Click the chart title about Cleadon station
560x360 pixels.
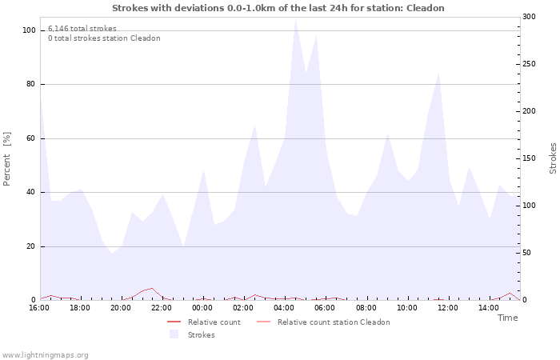coord(278,8)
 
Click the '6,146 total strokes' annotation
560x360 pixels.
coord(82,29)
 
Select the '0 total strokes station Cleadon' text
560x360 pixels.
coord(104,38)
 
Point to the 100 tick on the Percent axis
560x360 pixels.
coord(30,30)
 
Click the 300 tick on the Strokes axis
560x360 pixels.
coord(529,17)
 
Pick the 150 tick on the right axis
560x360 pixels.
coord(529,158)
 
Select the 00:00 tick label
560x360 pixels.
coord(202,308)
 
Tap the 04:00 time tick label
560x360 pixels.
coord(284,308)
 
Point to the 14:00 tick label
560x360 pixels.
coord(489,308)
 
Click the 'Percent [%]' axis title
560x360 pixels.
coord(7,158)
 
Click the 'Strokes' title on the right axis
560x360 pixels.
coord(553,158)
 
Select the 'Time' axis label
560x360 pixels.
coord(507,318)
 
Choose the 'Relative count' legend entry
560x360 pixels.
coord(214,322)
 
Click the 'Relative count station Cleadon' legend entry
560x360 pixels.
coord(334,322)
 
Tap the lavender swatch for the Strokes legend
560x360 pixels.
coord(174,334)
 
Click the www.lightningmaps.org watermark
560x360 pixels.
coord(45,354)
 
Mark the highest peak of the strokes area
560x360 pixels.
coord(295,20)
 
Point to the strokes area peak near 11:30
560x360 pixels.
coord(438,74)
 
